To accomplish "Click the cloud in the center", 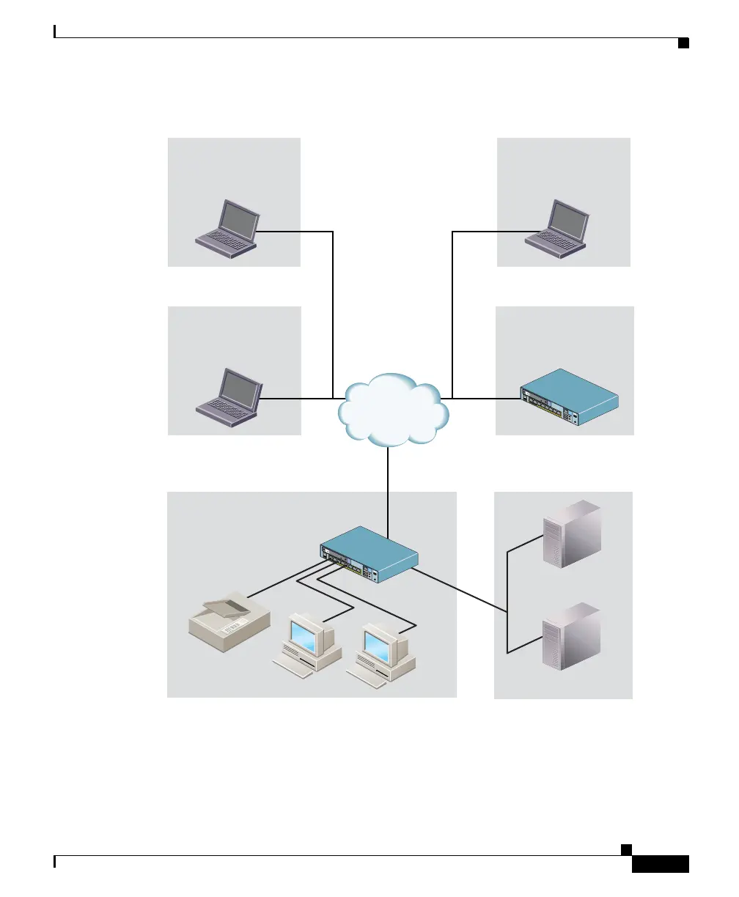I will point(393,410).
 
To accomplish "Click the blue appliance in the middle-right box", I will point(569,399).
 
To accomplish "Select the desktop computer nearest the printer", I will point(308,644).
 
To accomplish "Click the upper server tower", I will point(571,534).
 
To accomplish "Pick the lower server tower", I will point(571,636).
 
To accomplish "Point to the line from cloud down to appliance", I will point(387,491).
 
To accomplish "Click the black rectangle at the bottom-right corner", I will point(660,865).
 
